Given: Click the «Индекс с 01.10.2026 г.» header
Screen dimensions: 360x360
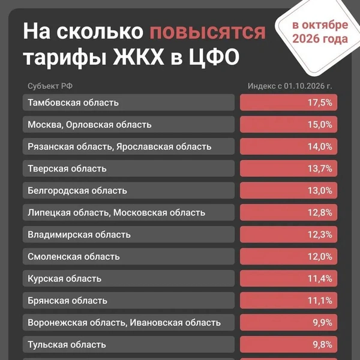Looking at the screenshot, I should click(290, 86).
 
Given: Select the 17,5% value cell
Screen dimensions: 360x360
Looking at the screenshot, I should click(289, 103).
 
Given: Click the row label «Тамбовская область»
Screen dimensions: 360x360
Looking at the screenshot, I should click(73, 103).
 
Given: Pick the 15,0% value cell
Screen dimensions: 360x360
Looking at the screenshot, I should click(289, 125).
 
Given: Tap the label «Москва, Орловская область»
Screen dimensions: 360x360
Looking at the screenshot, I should click(89, 125).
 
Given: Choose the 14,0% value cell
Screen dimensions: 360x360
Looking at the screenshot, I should click(289, 146).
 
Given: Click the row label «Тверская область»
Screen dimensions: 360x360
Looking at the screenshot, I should click(67, 169).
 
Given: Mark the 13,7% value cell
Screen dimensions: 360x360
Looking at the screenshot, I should click(289, 169).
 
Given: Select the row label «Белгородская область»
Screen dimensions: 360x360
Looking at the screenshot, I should click(77, 191).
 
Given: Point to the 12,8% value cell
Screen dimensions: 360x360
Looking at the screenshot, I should click(289, 212).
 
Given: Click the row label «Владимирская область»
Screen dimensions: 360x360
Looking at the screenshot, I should click(79, 235).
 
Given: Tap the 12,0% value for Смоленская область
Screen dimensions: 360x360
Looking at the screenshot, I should click(289, 257).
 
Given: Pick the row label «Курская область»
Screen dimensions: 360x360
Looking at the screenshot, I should click(64, 278).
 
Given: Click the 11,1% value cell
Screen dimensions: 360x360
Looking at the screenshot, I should click(289, 301).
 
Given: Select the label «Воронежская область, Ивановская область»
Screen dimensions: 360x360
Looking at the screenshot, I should click(124, 323).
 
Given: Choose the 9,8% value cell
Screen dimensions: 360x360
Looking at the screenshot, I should click(289, 344).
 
